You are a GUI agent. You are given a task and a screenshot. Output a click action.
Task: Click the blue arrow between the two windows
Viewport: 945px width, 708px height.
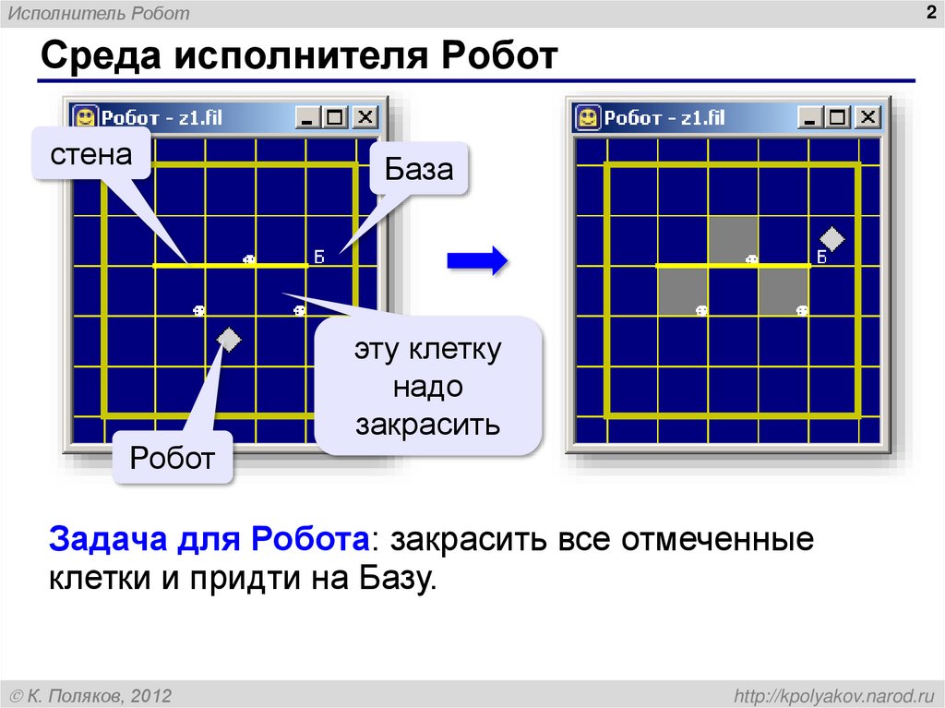pyautogui.click(x=477, y=260)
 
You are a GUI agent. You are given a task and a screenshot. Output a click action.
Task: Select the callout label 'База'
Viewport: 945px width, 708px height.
pyautogui.click(x=419, y=169)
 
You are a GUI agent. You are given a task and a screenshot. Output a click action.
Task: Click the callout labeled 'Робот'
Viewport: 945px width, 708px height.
pyautogui.click(x=173, y=457)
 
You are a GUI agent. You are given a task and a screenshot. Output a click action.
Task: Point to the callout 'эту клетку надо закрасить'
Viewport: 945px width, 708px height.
pyautogui.click(x=428, y=387)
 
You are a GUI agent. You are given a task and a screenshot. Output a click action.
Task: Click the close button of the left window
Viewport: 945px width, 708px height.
pyautogui.click(x=365, y=117)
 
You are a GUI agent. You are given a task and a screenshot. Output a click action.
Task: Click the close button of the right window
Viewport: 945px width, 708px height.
pyautogui.click(x=867, y=117)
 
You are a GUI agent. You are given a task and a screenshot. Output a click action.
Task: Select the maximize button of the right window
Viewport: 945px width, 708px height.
pyautogui.click(x=837, y=117)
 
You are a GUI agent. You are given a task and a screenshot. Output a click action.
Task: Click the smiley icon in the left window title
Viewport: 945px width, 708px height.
pyautogui.click(x=85, y=117)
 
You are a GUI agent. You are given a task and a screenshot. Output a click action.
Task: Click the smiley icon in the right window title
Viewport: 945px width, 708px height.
pyautogui.click(x=587, y=117)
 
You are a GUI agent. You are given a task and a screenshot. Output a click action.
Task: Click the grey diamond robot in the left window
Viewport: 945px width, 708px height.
pyautogui.click(x=228, y=340)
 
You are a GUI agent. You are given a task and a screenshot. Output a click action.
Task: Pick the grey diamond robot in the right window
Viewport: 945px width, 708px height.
pyautogui.click(x=831, y=239)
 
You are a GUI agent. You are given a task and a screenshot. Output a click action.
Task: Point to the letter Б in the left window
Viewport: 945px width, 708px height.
pyautogui.click(x=319, y=257)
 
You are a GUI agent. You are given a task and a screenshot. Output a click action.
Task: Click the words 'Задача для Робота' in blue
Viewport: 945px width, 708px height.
pyautogui.click(x=209, y=539)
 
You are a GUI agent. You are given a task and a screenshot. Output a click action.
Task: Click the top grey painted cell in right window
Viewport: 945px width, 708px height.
pyautogui.click(x=733, y=240)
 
